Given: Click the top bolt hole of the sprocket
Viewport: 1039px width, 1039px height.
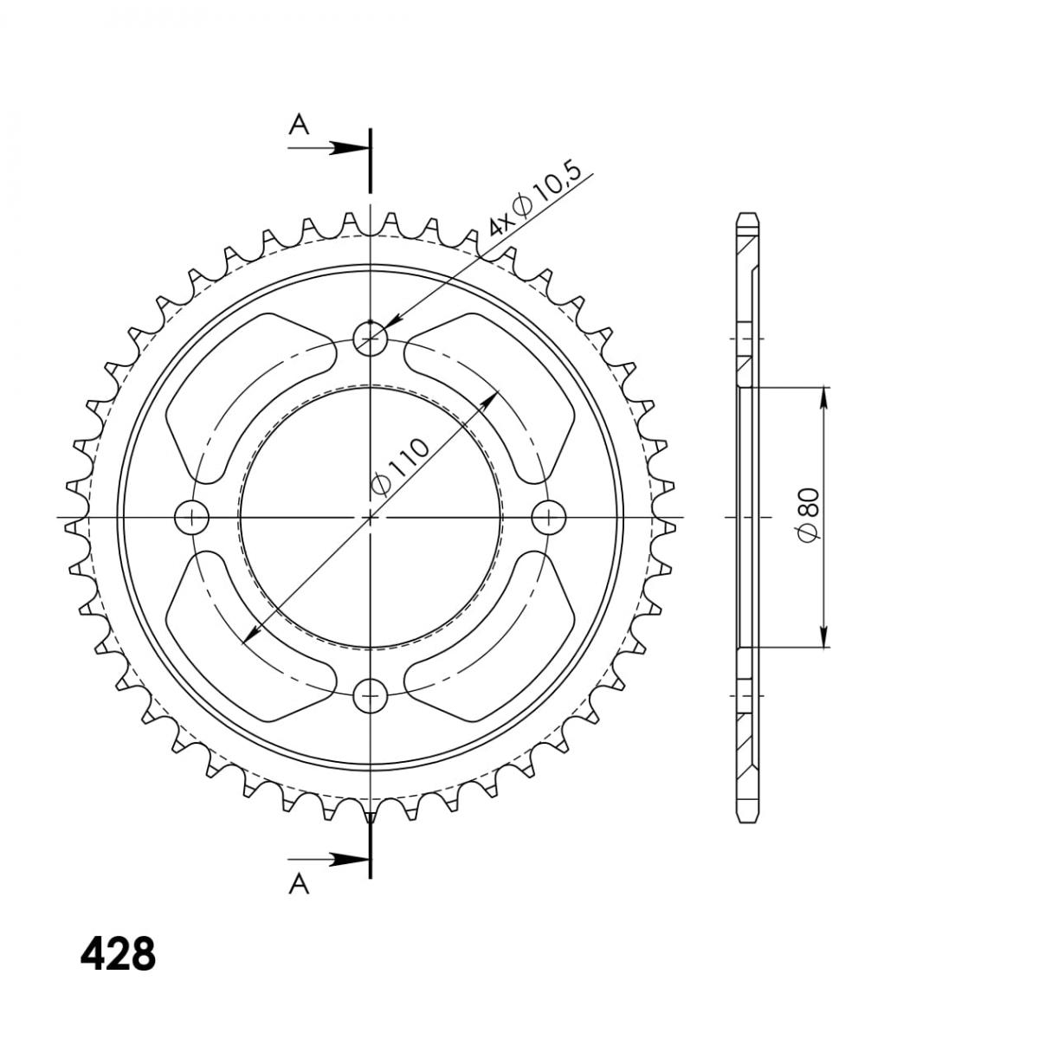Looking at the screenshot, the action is point(370,339).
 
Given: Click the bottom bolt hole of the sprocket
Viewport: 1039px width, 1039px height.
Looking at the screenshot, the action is point(370,695).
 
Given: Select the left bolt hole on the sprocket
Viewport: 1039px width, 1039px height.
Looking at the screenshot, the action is point(192,518).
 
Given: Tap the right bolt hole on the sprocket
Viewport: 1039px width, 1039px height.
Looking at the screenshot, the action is point(549,518).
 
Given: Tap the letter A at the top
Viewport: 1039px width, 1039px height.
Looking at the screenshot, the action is point(299,125).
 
